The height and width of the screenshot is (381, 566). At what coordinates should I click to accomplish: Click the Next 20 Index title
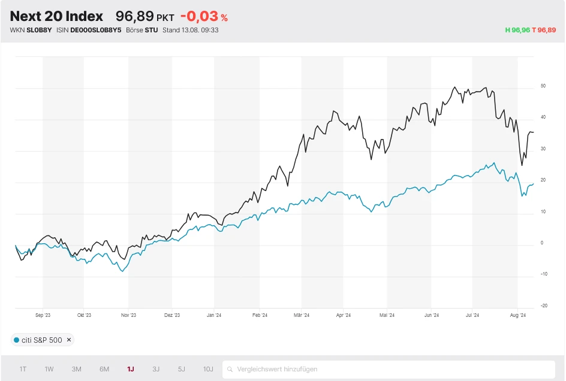pos(56,17)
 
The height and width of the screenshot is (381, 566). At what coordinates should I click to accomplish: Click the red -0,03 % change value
pos(204,17)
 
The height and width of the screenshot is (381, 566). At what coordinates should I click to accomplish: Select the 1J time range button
pos(130,369)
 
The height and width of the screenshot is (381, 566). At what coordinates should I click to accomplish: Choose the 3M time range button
pos(76,369)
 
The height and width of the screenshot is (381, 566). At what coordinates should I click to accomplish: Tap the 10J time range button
pos(207,369)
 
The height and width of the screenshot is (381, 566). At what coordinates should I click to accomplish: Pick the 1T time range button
pos(23,369)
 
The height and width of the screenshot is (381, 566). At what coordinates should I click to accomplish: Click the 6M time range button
pos(104,369)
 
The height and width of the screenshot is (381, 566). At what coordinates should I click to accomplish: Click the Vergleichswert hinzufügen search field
pos(389,369)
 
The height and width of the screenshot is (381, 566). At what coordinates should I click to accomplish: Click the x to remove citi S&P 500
pos(68,340)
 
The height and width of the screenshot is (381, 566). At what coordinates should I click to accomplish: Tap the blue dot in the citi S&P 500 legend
pos(16,340)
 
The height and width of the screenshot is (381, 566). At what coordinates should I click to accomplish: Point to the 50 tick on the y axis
pos(543,86)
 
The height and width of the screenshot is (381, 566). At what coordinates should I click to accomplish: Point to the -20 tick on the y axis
pos(543,306)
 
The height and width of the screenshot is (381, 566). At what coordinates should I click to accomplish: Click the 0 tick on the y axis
pos(541,243)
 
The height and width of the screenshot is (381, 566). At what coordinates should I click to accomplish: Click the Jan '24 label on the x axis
pos(214,315)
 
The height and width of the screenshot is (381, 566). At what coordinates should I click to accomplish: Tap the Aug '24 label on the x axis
pos(517,315)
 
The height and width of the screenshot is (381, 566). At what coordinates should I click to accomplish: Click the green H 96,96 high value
pos(517,30)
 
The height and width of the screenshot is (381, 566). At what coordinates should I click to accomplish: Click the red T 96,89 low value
pos(544,30)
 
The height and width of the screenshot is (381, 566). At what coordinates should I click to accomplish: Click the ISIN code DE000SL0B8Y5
pos(96,30)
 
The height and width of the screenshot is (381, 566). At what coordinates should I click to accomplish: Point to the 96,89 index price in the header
pos(134,17)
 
